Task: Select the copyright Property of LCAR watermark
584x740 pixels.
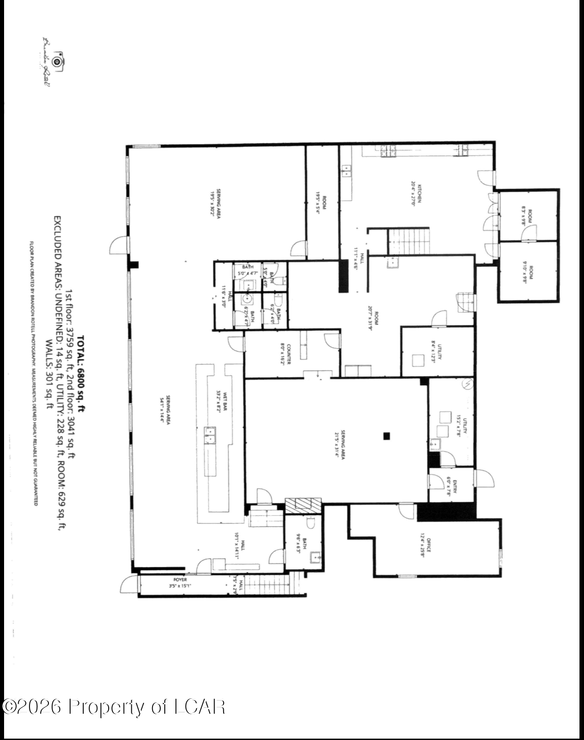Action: (x=113, y=707)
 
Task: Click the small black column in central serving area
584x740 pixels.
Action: (x=386, y=436)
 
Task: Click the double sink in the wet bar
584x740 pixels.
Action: (x=211, y=435)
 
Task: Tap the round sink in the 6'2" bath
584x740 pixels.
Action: (x=247, y=299)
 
